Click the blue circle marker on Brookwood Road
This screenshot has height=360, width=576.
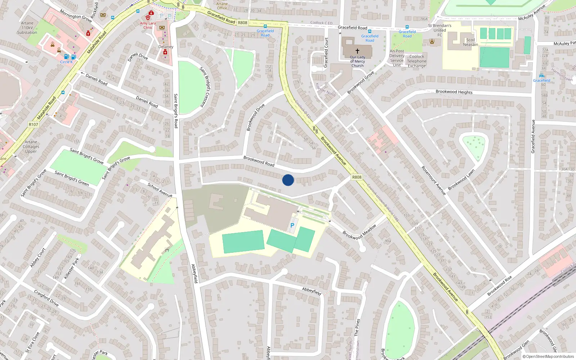(288, 180)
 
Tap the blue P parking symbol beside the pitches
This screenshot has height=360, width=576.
(292, 225)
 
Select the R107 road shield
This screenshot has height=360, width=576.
(33, 125)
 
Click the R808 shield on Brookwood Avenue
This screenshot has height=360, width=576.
(356, 177)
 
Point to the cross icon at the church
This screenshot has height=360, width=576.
(357, 51)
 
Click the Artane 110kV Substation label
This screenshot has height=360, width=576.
(27, 28)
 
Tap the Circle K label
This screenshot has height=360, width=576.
(66, 62)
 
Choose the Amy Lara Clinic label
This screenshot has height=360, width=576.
(148, 25)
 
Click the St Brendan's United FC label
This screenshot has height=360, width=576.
(440, 30)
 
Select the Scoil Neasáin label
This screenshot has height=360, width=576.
(471, 42)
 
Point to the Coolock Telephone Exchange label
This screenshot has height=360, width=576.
(417, 61)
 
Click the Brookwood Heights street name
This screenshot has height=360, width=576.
(454, 92)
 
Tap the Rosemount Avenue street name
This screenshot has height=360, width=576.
(434, 181)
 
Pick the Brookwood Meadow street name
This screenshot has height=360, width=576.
(359, 231)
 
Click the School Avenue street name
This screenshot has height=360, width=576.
(160, 190)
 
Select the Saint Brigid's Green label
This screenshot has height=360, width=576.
(72, 178)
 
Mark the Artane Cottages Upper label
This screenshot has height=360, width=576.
(31, 147)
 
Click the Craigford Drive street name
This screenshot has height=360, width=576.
(46, 298)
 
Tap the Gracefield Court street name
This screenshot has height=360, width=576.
(326, 53)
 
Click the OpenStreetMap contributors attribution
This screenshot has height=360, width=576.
(548, 356)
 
